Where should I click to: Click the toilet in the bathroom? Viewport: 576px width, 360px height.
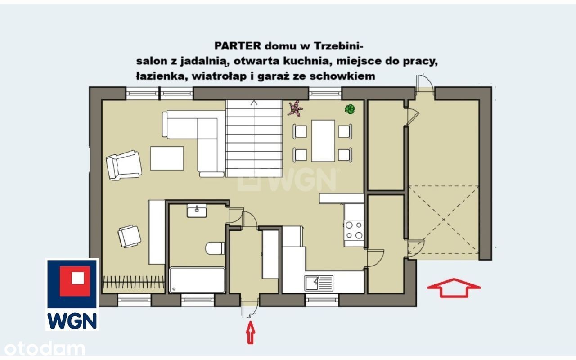(215, 248)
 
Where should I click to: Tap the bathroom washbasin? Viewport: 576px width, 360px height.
(197, 211)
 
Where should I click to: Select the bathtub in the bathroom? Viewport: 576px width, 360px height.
(197, 280)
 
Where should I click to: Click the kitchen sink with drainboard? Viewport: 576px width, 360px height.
(319, 283)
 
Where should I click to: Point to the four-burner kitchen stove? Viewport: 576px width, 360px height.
(354, 230)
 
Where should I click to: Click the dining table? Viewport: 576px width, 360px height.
(323, 141)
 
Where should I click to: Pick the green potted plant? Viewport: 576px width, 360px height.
(350, 109)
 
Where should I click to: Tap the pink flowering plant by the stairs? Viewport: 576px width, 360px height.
(295, 108)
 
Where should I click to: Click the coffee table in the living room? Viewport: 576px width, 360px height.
(167, 158)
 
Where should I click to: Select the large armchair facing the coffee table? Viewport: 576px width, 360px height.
(124, 165)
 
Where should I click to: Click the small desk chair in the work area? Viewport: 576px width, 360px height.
(129, 236)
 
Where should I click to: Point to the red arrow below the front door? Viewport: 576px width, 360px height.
(251, 332)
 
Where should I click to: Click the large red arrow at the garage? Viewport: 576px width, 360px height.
(454, 288)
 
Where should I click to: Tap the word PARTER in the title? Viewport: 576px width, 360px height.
(238, 46)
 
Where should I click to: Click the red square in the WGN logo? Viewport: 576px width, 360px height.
(75, 281)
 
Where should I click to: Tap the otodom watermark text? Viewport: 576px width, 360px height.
(45, 348)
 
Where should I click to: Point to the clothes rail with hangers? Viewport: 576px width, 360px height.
(134, 282)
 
